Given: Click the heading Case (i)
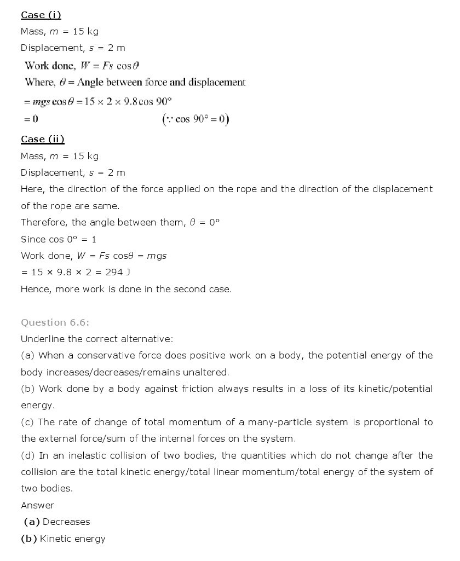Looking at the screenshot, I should [x=41, y=15].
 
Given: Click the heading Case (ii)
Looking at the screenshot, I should [x=43, y=140].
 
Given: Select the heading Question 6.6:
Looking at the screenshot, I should [x=55, y=322].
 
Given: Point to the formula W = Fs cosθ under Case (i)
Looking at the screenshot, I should [x=110, y=66].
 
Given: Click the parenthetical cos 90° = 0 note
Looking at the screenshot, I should [x=196, y=119].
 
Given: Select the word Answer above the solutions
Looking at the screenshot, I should [x=37, y=505].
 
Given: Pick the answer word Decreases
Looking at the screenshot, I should [x=66, y=522].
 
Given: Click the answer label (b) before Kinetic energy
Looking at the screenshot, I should [x=29, y=539].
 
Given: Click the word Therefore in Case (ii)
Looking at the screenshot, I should [x=45, y=222].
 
